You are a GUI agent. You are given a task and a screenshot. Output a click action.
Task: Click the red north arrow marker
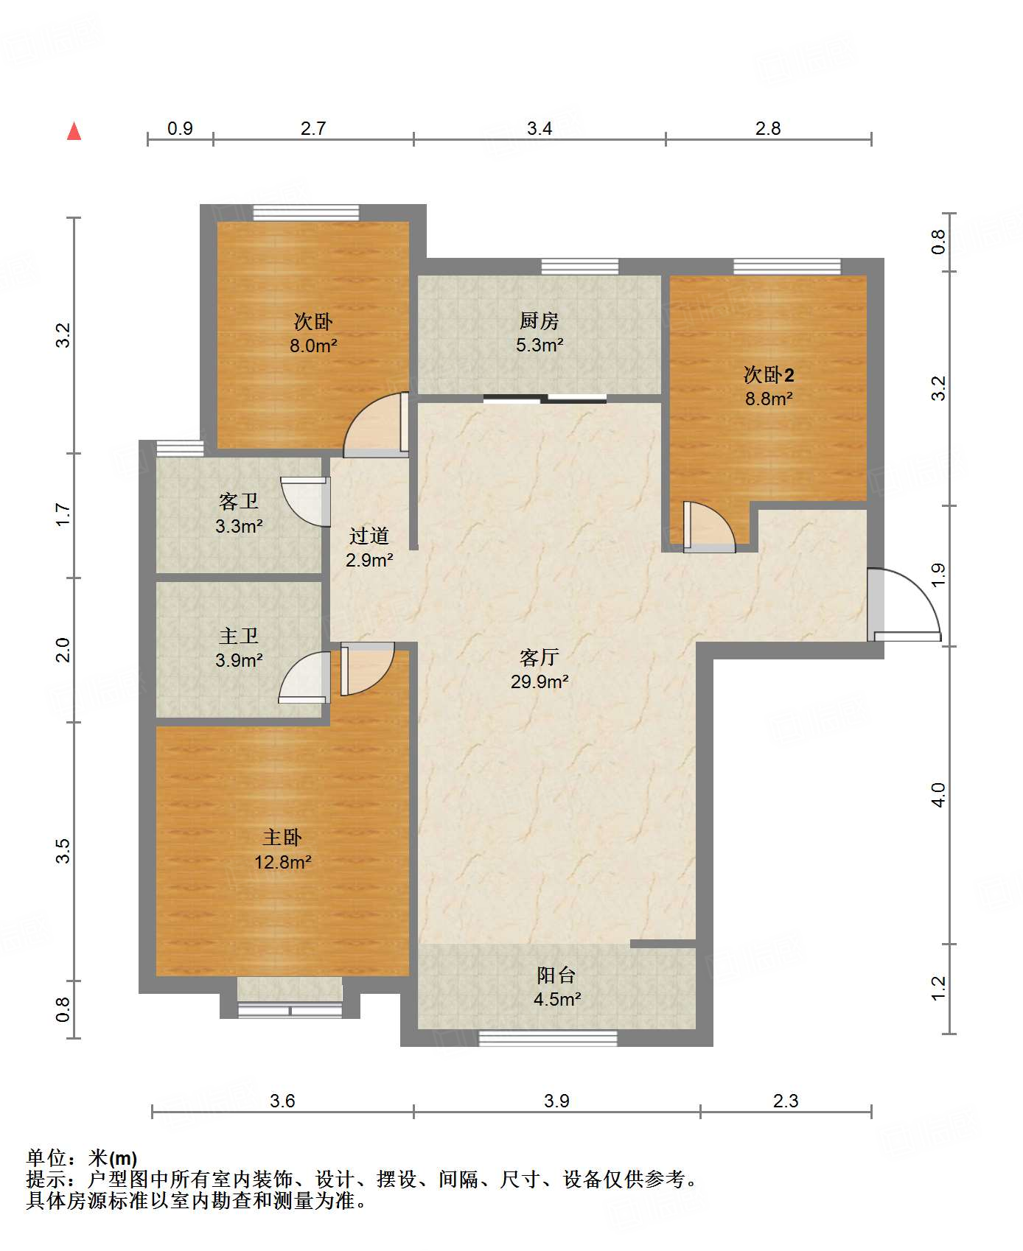tap(74, 131)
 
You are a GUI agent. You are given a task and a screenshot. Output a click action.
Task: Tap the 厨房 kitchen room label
tap(539, 320)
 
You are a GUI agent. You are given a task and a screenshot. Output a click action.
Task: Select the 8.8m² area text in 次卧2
tap(769, 399)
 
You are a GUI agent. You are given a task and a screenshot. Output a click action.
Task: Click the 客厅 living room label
tap(539, 656)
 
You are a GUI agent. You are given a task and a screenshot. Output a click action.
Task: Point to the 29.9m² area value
tap(540, 681)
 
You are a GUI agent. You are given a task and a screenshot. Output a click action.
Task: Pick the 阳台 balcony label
tap(556, 975)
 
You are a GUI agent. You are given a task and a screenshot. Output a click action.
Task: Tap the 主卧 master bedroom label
tap(282, 837)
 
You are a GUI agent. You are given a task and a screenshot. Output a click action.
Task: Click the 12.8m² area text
tap(283, 862)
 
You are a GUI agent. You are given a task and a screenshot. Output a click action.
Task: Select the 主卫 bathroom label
tap(238, 635)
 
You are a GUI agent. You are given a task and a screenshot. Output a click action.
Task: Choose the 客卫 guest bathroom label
tap(238, 501)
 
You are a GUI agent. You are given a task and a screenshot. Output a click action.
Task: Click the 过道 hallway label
tap(369, 535)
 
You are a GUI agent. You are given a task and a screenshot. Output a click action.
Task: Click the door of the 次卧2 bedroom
tap(709, 527)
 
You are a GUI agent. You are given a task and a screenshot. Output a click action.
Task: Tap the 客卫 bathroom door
tap(305, 502)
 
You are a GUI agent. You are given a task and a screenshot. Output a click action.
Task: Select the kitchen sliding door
tap(545, 399)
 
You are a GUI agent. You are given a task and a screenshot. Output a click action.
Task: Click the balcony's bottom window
tap(548, 1038)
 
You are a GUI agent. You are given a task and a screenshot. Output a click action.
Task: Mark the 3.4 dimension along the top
tap(540, 129)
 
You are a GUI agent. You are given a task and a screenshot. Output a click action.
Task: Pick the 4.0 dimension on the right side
tap(938, 795)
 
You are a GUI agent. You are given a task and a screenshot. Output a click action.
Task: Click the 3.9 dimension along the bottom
tap(556, 1101)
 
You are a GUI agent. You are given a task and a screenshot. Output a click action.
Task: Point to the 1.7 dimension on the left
tap(63, 514)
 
